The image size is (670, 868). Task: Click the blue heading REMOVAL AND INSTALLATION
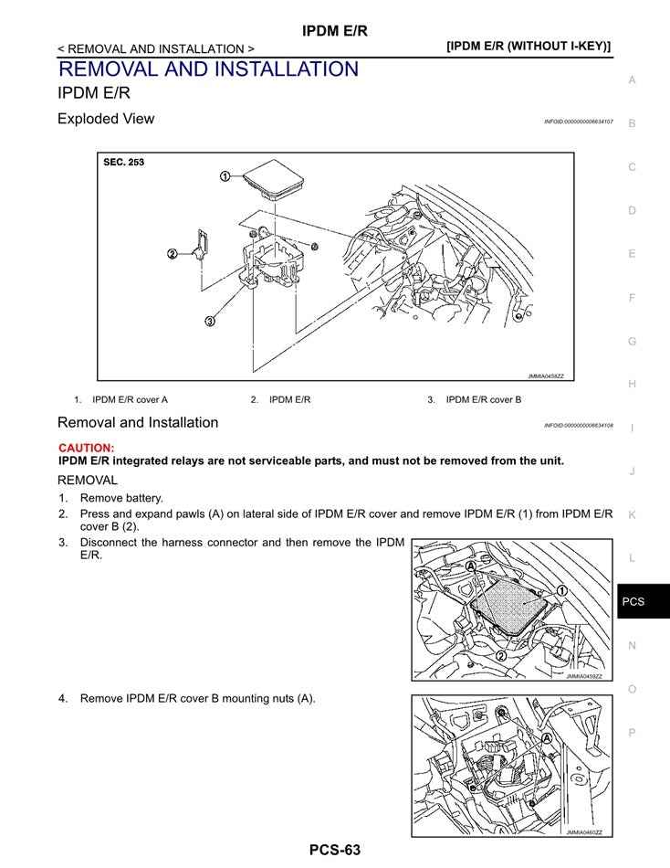click(208, 69)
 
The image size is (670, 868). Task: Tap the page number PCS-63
click(334, 850)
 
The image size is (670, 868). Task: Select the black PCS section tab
click(633, 601)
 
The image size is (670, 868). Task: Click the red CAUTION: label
click(87, 448)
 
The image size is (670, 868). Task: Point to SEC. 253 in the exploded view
click(124, 163)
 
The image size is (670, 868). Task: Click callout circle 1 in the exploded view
click(225, 176)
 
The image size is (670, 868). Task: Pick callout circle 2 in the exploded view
click(172, 253)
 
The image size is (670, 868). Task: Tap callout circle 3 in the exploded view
click(210, 321)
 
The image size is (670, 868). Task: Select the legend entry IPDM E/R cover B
click(483, 399)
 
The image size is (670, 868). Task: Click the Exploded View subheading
click(106, 119)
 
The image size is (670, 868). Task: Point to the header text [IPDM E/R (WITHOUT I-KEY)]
click(529, 46)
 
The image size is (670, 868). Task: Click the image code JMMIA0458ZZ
click(546, 376)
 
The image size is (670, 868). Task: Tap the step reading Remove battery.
click(121, 498)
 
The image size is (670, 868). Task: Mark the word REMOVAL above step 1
click(88, 480)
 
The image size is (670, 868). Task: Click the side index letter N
click(632, 645)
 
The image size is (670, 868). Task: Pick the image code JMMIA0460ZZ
click(584, 832)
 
